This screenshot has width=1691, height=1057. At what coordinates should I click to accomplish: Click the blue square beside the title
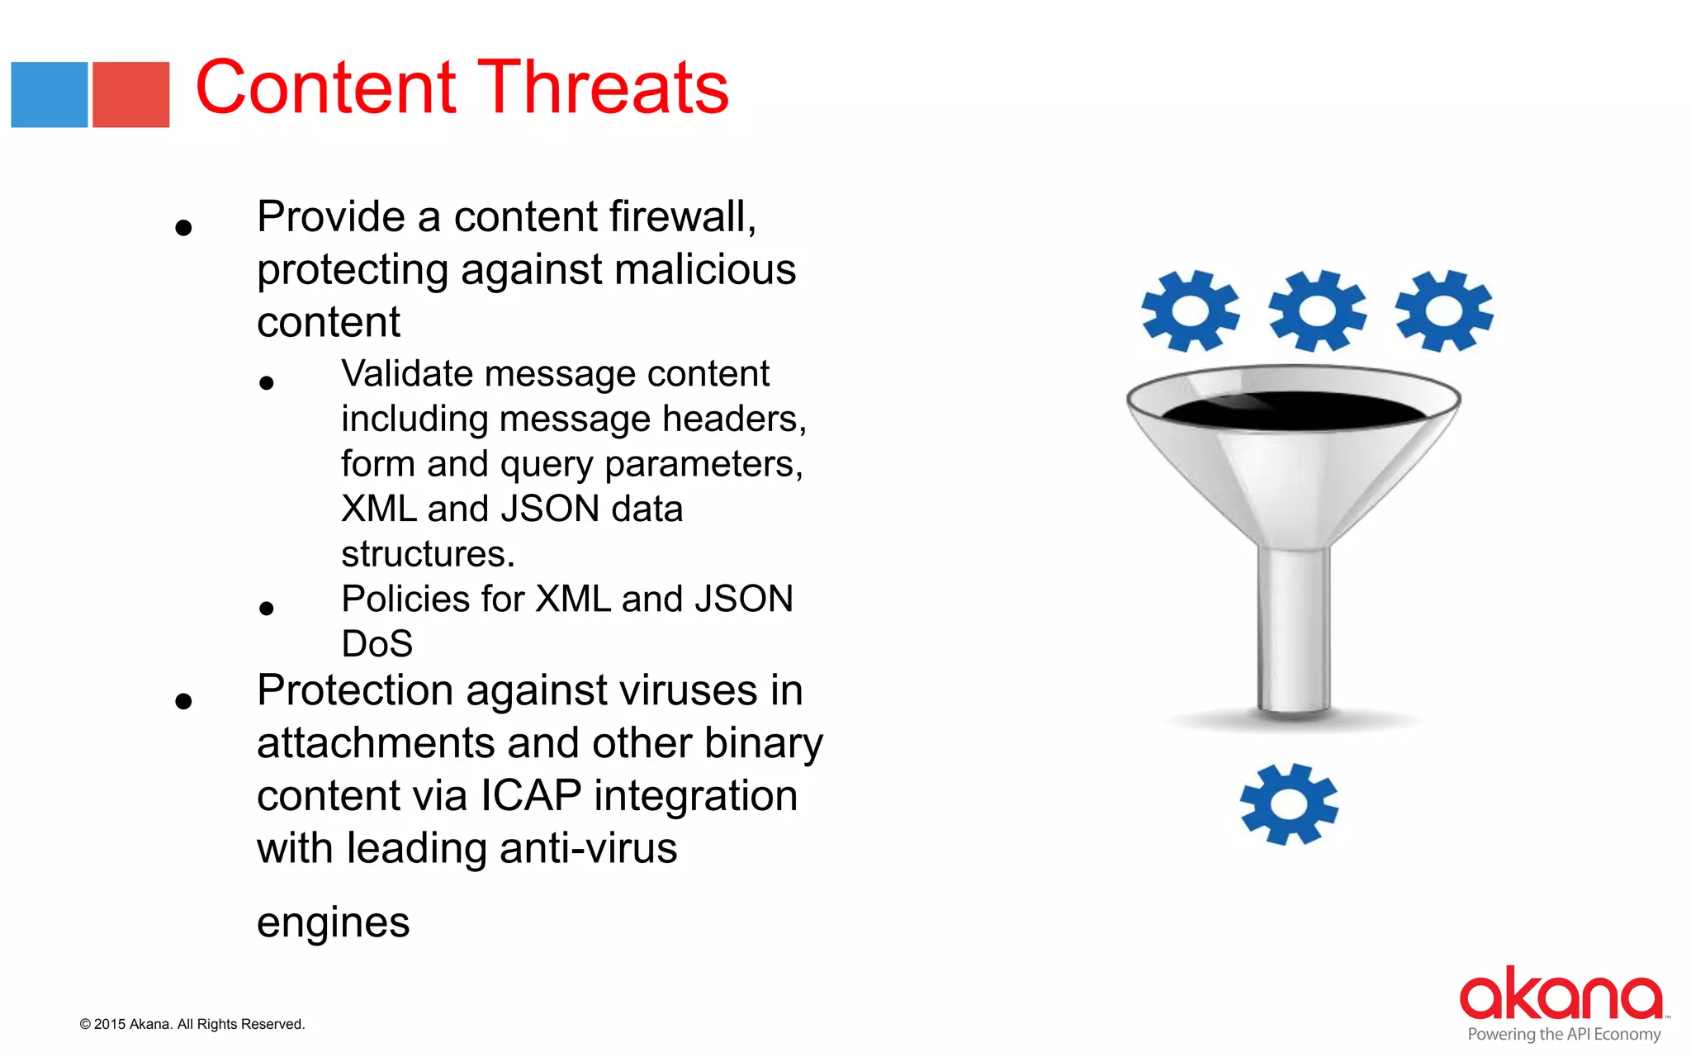[49, 94]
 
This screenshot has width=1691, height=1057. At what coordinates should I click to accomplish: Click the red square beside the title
[130, 94]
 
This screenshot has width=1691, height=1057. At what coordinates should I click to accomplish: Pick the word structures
[427, 554]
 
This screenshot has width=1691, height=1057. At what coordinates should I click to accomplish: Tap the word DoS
[377, 644]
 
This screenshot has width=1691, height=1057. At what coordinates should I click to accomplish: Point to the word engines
[333, 922]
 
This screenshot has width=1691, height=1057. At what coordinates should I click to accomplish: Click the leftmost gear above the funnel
[1190, 310]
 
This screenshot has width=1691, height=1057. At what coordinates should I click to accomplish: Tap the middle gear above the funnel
[1317, 310]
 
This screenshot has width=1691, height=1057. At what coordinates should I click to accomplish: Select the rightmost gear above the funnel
[1444, 310]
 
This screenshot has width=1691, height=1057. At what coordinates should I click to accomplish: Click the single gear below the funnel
[1288, 803]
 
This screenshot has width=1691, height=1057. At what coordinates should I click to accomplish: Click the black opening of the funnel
[1293, 410]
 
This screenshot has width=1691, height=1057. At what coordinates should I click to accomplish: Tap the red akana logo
[1560, 993]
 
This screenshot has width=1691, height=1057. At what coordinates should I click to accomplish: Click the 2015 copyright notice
[192, 1024]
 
